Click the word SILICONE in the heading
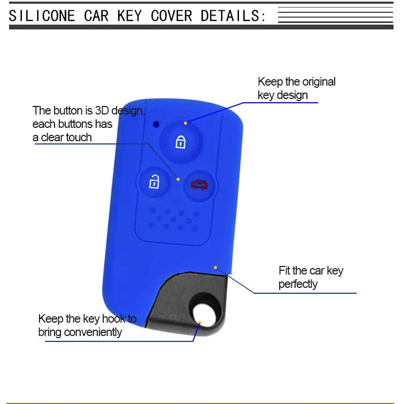coord(42,16)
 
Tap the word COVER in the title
coord(172,16)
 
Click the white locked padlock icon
coord(180,142)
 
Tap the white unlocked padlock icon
coord(154,181)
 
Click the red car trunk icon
coord(199,185)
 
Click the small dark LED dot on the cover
coord(156,125)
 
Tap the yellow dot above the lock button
coord(186,123)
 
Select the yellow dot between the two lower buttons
coord(178,179)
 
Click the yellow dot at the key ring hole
coord(200,323)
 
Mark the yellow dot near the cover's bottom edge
coord(215,268)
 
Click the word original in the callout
coord(319,82)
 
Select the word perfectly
coord(298,285)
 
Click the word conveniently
coord(93,332)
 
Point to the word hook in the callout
coord(113,319)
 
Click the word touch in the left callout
coord(79,138)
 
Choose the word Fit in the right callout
coord(284,271)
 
